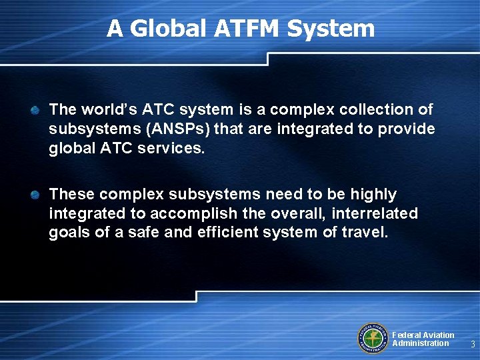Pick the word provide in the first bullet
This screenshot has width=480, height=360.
(409, 128)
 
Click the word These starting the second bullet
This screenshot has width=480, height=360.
(71, 195)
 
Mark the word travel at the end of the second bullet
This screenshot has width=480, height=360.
(365, 233)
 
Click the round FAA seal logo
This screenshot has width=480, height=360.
(373, 338)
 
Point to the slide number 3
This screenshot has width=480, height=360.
(472, 345)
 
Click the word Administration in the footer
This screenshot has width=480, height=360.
(421, 343)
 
